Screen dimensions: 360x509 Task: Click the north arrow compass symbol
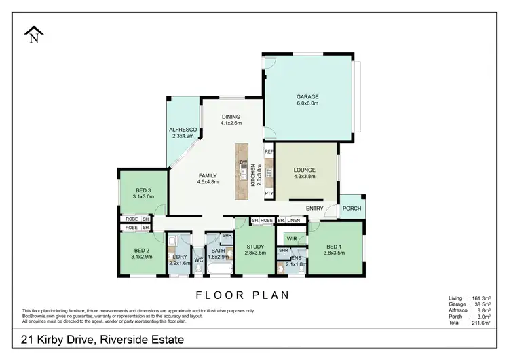pyautogui.click(x=33, y=35)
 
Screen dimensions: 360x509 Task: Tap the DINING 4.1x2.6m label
pyautogui.click(x=231, y=120)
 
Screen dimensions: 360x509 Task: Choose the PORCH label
pyautogui.click(x=352, y=208)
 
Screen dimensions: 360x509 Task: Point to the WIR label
pyautogui.click(x=292, y=239)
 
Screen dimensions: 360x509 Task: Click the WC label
pyautogui.click(x=198, y=259)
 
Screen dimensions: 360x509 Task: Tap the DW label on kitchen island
pyautogui.click(x=242, y=162)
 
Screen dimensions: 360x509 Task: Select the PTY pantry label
pyautogui.click(x=269, y=193)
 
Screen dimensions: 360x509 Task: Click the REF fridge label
pyautogui.click(x=269, y=151)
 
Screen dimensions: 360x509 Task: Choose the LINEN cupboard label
pyautogui.click(x=293, y=221)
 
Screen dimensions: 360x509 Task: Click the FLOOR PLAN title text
pyautogui.click(x=242, y=295)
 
